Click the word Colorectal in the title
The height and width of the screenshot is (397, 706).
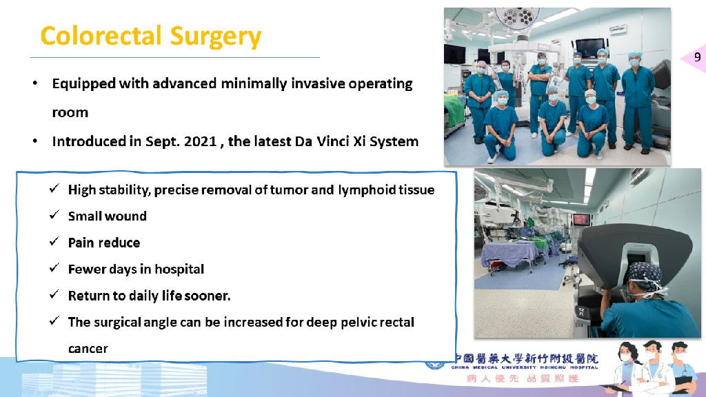point(101,36)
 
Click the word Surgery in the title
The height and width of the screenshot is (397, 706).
point(216,37)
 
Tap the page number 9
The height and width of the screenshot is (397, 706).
point(698,57)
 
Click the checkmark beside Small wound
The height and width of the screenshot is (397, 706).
point(54,215)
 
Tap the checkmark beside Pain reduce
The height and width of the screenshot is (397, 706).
point(54,241)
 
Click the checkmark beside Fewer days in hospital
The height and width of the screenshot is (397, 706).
point(54,268)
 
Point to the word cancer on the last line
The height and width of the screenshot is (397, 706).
point(88,349)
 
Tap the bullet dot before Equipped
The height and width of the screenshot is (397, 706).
point(35,83)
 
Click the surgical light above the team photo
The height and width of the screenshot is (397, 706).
point(516,18)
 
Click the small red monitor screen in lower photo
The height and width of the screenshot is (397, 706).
point(582,219)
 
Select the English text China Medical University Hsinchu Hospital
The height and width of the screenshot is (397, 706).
point(525,367)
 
